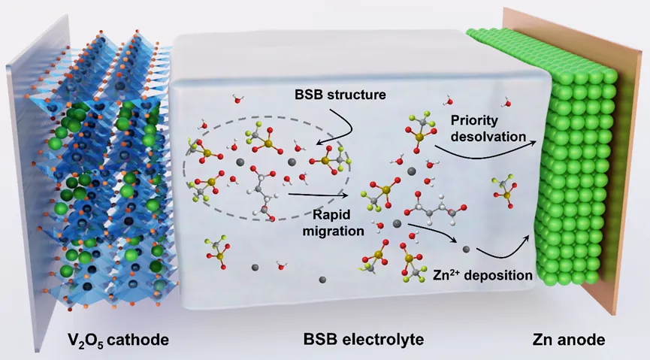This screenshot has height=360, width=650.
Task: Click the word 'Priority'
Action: coord(473,120)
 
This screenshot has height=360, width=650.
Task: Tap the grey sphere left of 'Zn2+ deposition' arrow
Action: coord(466,249)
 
